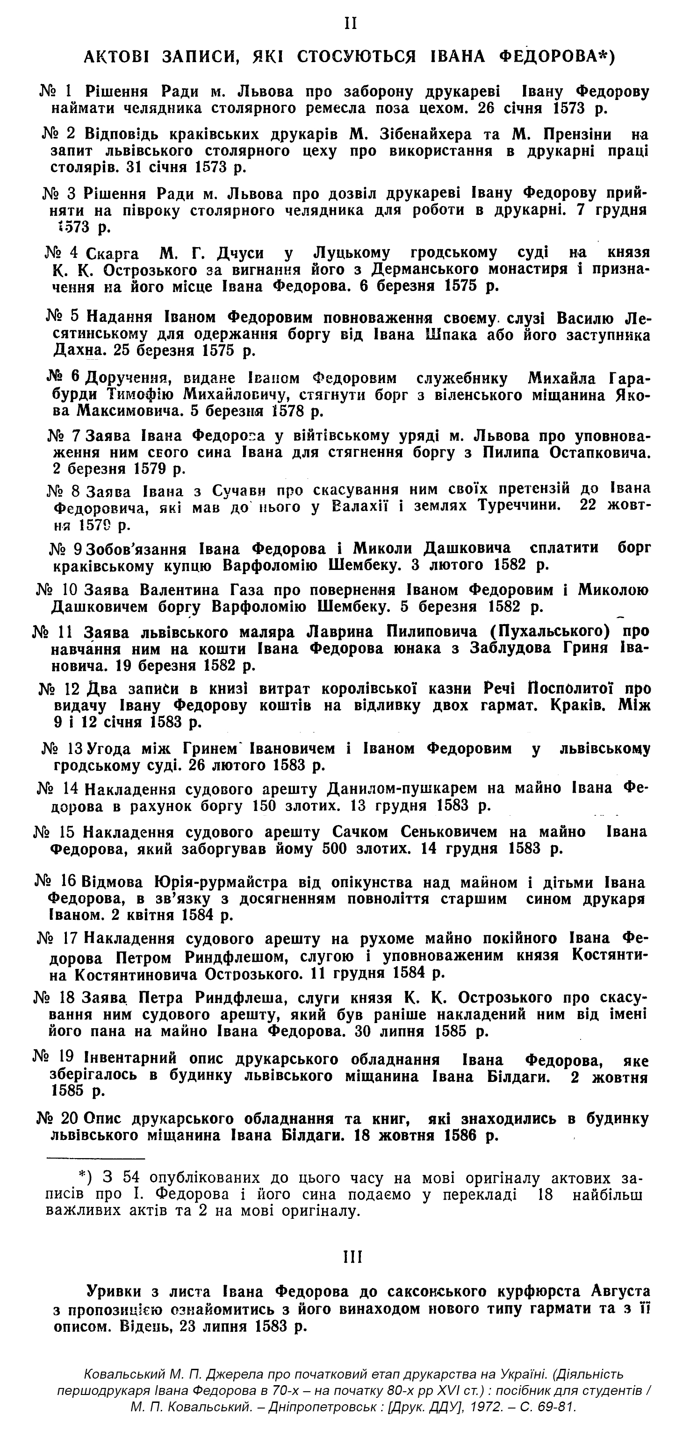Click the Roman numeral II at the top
(x=351, y=24)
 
